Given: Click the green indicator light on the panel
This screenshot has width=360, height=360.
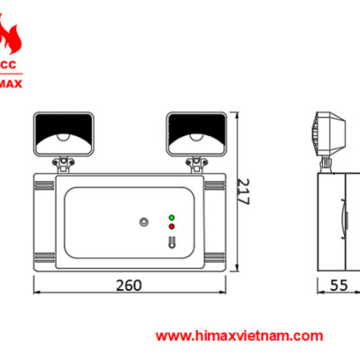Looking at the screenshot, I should click(171, 217).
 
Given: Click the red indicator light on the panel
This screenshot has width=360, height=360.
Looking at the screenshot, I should click(171, 227).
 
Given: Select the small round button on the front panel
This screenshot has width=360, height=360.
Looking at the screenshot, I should click(143, 221).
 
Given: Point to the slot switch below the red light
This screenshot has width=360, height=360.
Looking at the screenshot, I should click(171, 239).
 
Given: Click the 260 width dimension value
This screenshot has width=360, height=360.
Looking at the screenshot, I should click(130, 285).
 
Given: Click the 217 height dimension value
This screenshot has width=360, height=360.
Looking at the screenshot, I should click(242, 191).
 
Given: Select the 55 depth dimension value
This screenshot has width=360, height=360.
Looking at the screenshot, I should click(337, 285).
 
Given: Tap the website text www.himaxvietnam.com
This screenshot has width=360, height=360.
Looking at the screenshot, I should click(239, 336).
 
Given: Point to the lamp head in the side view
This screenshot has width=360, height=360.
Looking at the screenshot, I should click(329, 135).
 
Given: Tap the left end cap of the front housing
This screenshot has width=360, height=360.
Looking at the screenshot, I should click(44, 221).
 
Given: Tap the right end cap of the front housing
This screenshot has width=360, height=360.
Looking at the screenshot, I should click(214, 221).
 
